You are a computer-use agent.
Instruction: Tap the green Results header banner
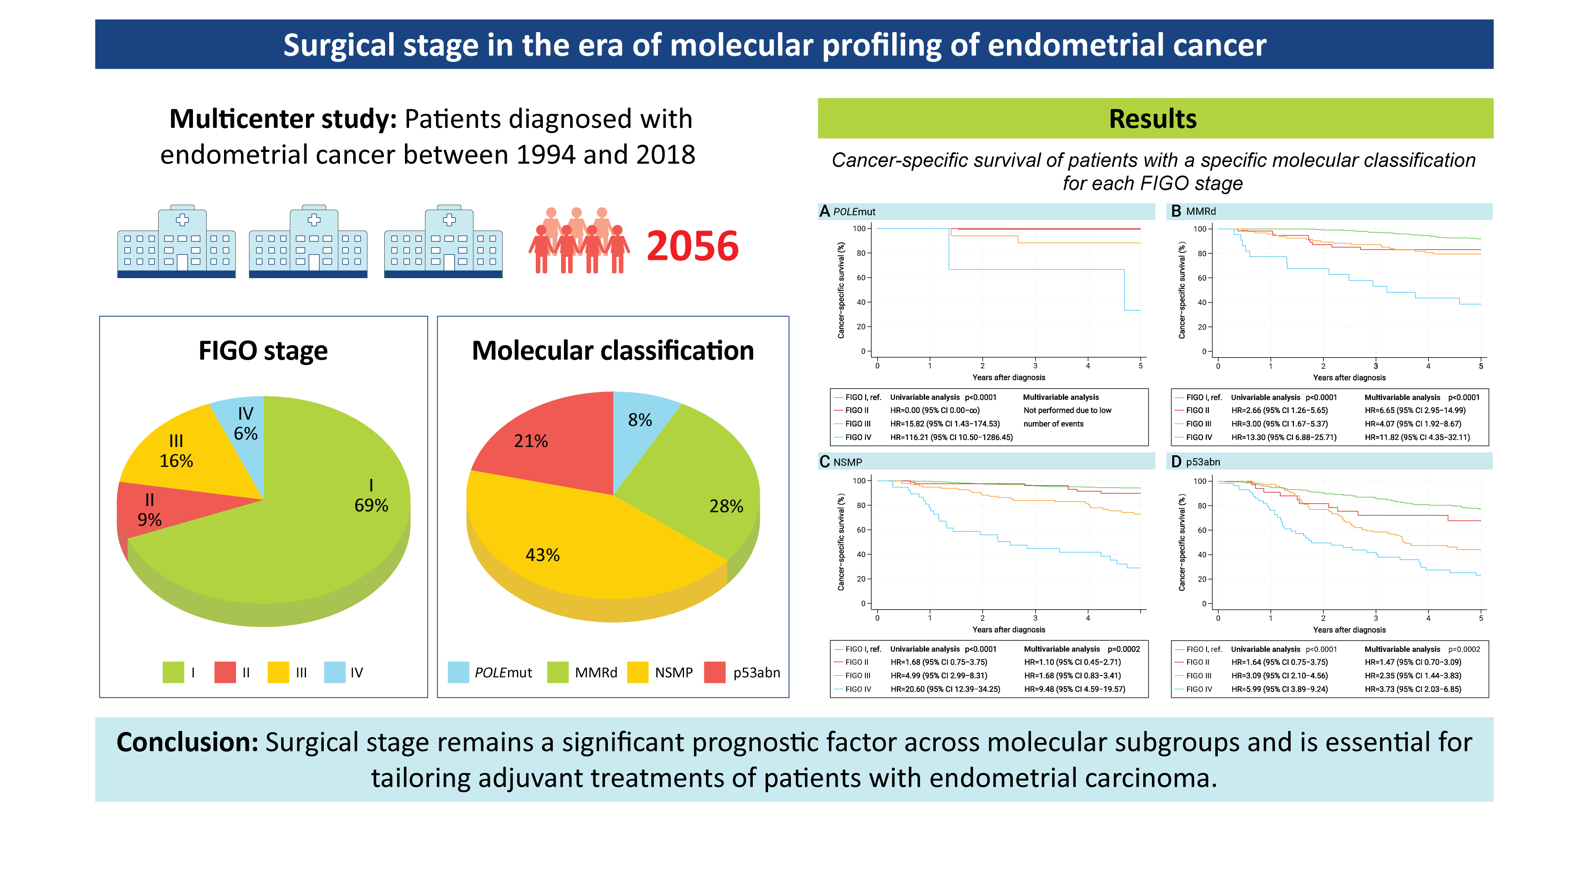coord(1154,118)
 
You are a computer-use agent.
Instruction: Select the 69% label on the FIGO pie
coord(371,505)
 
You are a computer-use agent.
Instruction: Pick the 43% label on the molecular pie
coord(542,555)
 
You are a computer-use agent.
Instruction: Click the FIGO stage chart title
coord(263,351)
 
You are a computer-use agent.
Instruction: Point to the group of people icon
coord(578,240)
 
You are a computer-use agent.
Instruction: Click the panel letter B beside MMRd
coord(1176,211)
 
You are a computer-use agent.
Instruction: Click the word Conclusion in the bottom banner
coord(187,742)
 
